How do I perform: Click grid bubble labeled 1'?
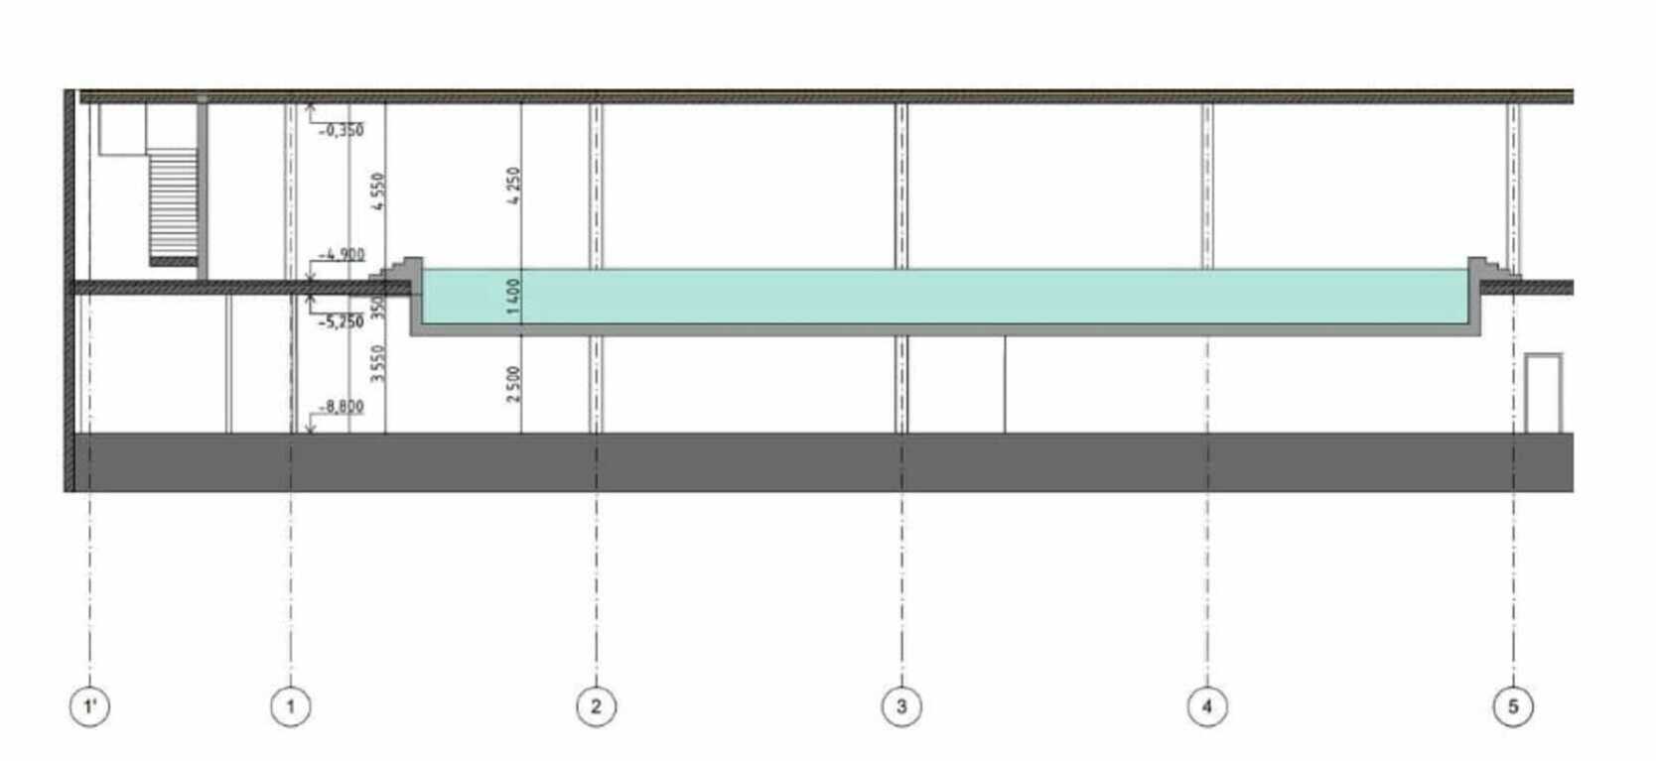click(x=89, y=706)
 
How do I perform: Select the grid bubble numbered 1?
click(x=290, y=706)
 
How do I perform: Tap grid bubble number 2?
click(x=596, y=706)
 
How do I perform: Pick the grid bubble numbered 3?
click(x=901, y=706)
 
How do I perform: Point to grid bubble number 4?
click(x=1207, y=706)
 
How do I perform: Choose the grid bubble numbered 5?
click(x=1513, y=706)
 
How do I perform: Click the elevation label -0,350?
click(x=342, y=130)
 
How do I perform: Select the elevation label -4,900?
click(x=343, y=255)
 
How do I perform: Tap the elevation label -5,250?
click(x=342, y=322)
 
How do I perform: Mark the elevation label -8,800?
click(x=342, y=407)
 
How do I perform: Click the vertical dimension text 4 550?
click(x=377, y=191)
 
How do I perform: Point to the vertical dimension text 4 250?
click(x=513, y=186)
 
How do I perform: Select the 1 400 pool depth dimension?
click(x=513, y=297)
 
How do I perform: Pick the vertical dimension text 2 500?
click(x=513, y=384)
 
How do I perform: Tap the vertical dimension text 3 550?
click(x=377, y=363)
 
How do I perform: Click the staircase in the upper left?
click(x=174, y=206)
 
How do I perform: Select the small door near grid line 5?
click(x=1543, y=393)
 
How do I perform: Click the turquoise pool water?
click(x=943, y=296)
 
